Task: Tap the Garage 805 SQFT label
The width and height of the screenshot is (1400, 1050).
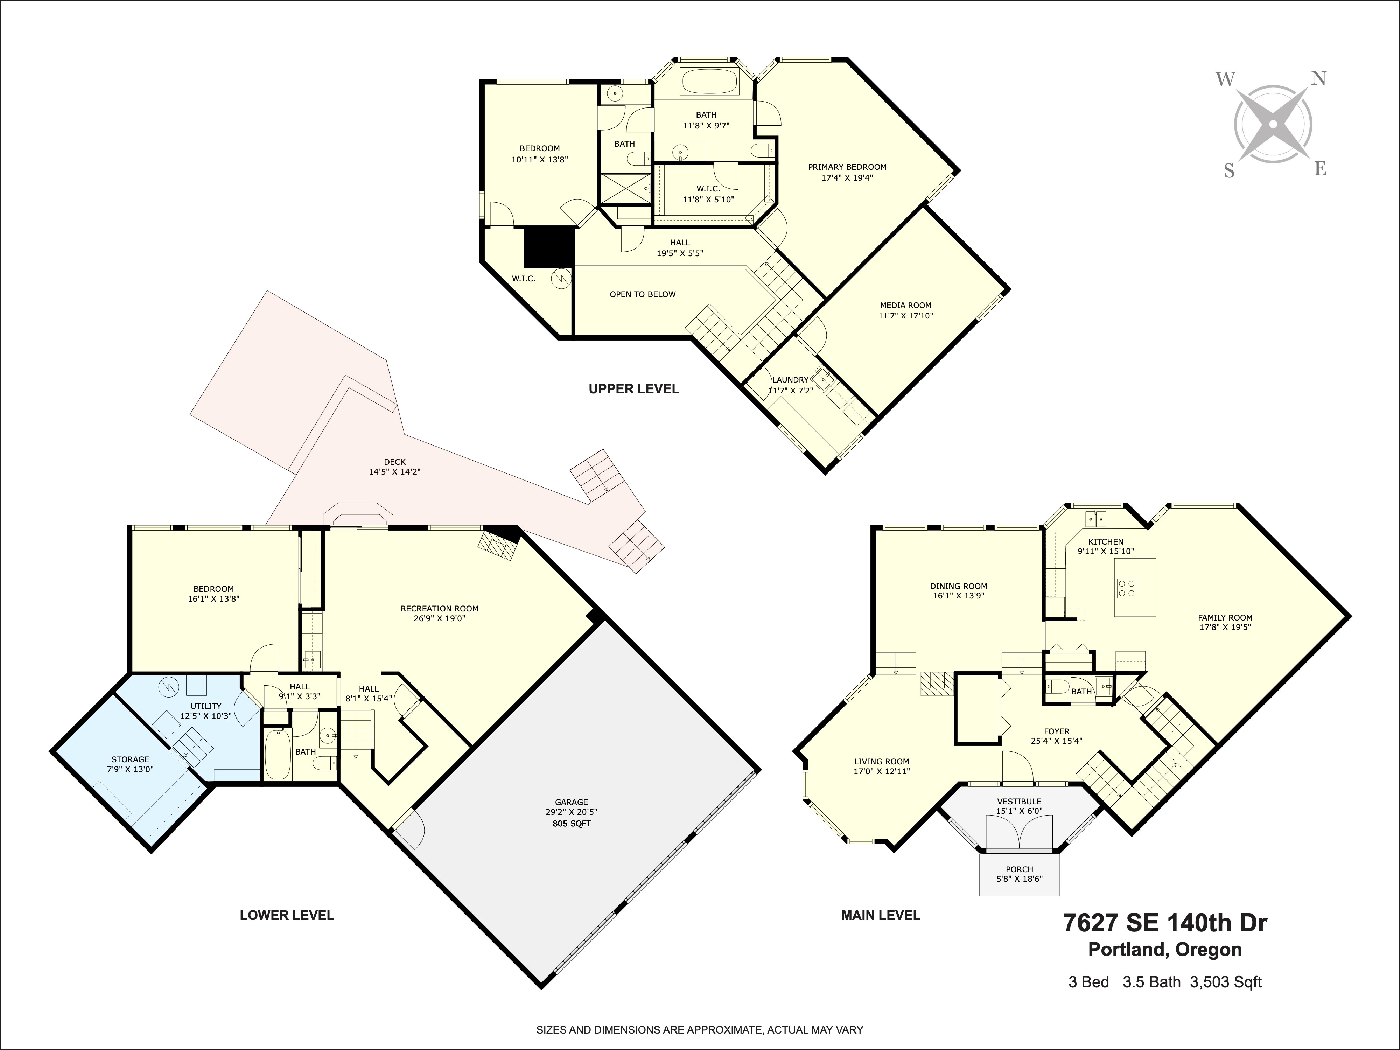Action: (572, 824)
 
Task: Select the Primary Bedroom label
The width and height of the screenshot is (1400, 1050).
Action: (847, 167)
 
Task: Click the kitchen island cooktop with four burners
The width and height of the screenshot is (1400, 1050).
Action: (1127, 589)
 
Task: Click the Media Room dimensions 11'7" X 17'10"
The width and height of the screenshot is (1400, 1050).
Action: (906, 315)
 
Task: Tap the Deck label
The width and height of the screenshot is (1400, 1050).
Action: (394, 462)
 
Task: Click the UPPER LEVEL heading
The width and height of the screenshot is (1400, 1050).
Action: (633, 389)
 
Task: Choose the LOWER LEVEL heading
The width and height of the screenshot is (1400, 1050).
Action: (287, 915)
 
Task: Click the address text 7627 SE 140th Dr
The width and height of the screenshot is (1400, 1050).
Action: (1164, 923)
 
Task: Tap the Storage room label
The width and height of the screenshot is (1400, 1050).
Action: (131, 759)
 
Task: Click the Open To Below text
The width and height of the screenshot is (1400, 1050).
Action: (642, 294)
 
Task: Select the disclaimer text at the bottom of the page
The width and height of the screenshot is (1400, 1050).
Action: (699, 1030)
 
